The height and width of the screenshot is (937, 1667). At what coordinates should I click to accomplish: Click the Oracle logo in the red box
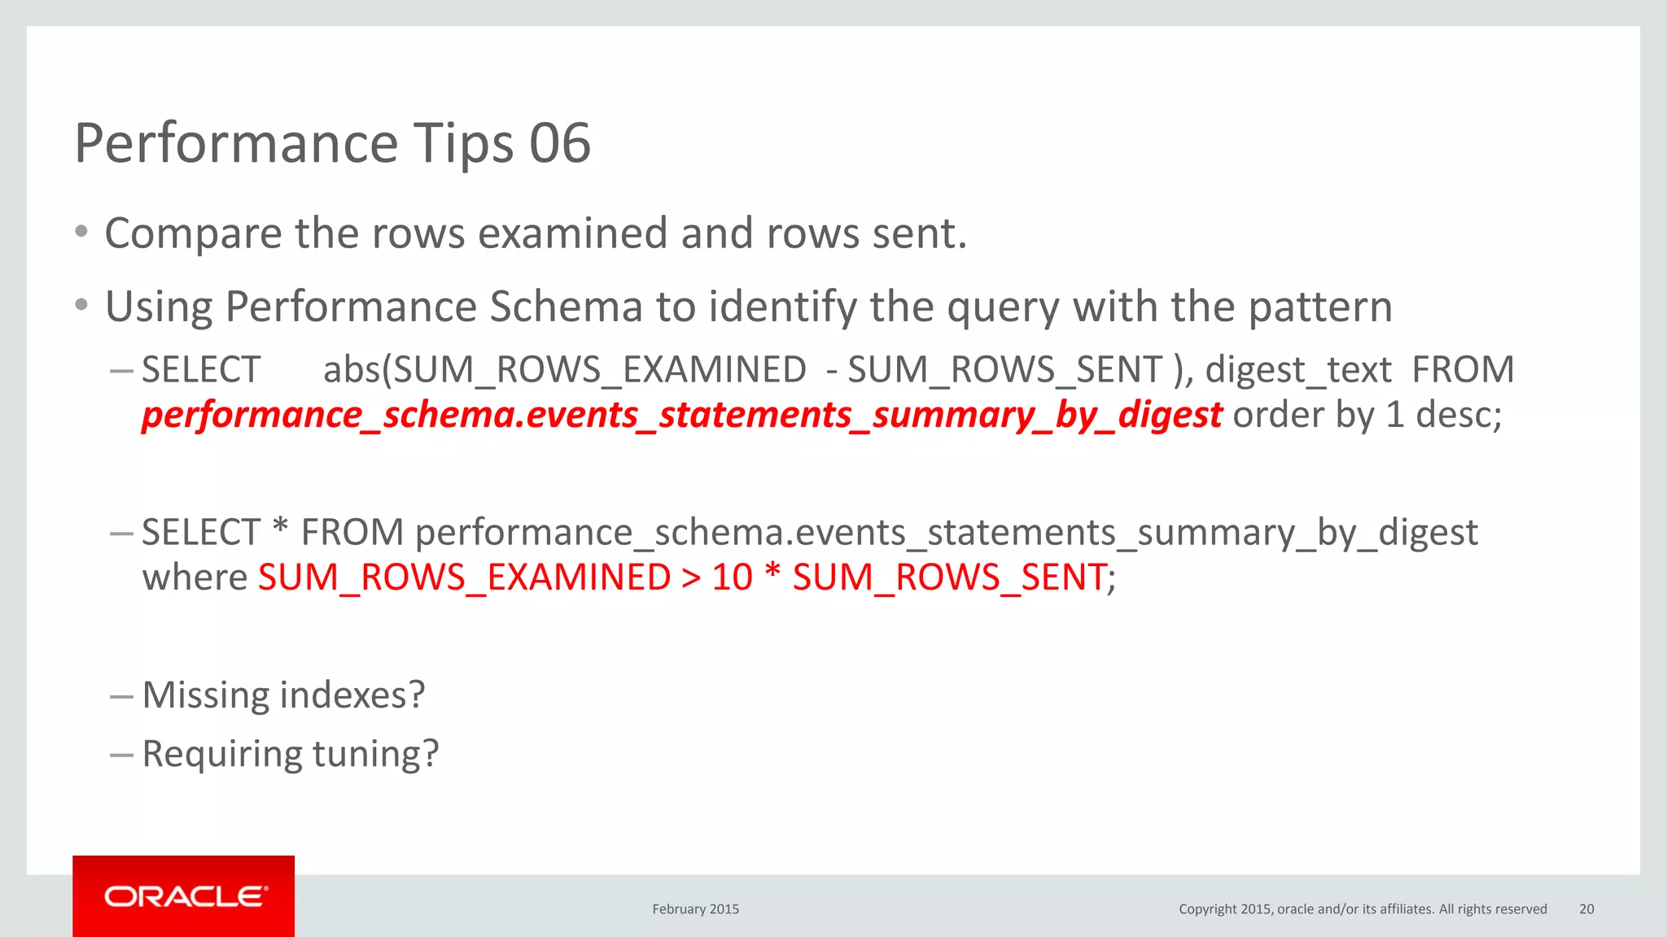tap(184, 896)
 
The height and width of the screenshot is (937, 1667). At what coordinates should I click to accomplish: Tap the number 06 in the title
tap(560, 143)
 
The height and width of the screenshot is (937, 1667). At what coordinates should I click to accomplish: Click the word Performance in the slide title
tap(237, 143)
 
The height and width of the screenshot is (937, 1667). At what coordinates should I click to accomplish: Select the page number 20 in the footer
tap(1586, 909)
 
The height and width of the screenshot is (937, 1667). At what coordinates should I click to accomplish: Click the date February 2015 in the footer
tap(695, 909)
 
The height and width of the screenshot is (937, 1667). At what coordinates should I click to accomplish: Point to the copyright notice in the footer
tap(1362, 909)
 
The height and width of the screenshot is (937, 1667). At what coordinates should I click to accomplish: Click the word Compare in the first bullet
tap(193, 234)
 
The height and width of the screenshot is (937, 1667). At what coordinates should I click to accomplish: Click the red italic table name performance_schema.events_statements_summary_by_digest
tap(681, 415)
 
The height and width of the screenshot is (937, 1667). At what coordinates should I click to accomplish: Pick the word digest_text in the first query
tap(1298, 370)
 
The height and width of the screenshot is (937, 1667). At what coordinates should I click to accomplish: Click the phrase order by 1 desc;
tap(1367, 415)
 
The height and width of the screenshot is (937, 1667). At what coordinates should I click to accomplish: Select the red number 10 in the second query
tap(732, 577)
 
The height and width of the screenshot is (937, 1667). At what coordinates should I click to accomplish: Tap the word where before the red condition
tap(195, 577)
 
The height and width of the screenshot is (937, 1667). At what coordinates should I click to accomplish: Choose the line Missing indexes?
tap(283, 695)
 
